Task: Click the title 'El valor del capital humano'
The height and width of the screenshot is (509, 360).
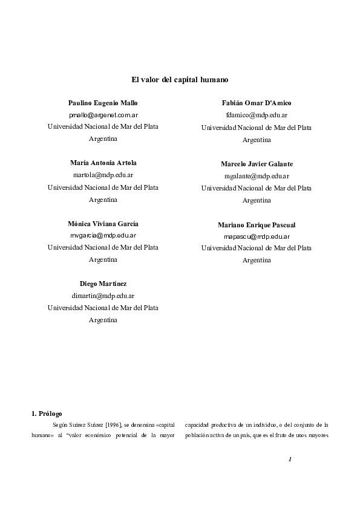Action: click(x=180, y=79)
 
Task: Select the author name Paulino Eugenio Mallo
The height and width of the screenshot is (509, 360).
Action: click(x=103, y=103)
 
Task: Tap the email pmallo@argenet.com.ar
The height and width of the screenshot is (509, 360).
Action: click(x=103, y=115)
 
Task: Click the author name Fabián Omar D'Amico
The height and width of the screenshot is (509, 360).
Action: click(x=257, y=103)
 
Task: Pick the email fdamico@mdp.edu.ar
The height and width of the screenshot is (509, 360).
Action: click(x=257, y=115)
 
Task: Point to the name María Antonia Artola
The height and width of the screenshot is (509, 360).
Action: click(x=103, y=163)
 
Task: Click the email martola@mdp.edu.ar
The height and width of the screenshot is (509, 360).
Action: click(x=103, y=175)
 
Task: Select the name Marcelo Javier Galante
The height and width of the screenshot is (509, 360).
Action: click(x=257, y=164)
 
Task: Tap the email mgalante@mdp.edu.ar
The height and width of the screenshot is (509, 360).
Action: click(x=257, y=176)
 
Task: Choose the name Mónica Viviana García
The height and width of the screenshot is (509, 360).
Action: click(x=103, y=223)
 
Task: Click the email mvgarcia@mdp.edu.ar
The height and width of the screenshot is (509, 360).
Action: click(x=103, y=235)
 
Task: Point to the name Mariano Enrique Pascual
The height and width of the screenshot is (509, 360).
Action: click(x=257, y=224)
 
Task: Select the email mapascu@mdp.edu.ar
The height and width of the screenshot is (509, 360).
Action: click(x=257, y=236)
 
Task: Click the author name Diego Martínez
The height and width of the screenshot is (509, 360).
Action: click(x=103, y=284)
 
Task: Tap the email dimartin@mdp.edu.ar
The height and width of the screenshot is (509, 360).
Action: click(x=103, y=296)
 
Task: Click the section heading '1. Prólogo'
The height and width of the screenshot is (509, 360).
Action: click(x=46, y=413)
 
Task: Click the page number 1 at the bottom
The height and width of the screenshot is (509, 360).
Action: click(x=290, y=459)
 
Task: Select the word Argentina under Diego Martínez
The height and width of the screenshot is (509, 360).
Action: click(x=103, y=320)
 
